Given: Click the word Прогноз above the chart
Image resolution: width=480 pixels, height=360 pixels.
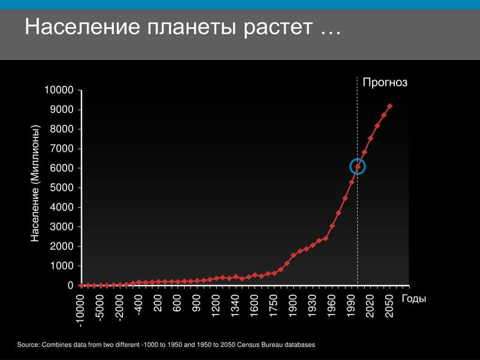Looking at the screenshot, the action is pyautogui.click(x=385, y=83).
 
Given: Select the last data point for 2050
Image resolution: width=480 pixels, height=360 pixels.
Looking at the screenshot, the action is pyautogui.click(x=389, y=106).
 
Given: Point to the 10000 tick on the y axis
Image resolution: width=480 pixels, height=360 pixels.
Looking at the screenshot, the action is pyautogui.click(x=59, y=90).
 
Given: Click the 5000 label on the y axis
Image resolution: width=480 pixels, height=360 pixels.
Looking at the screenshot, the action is pyautogui.click(x=62, y=188).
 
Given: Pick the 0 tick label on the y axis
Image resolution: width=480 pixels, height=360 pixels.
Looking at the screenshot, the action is pyautogui.click(x=71, y=286).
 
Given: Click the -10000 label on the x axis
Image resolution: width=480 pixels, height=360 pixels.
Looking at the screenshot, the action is pyautogui.click(x=80, y=311).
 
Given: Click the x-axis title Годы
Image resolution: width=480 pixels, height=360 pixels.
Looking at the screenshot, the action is pyautogui.click(x=414, y=299).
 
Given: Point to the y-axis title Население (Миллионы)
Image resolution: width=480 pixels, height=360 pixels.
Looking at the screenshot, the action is pyautogui.click(x=35, y=184).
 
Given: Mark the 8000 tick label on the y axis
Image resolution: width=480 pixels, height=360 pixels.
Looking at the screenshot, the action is pyautogui.click(x=62, y=129).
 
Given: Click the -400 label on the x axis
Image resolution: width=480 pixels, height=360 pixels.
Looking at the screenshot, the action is pyautogui.click(x=138, y=305).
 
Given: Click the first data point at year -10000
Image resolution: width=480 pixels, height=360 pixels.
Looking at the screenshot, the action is pyautogui.click(x=82, y=286).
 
